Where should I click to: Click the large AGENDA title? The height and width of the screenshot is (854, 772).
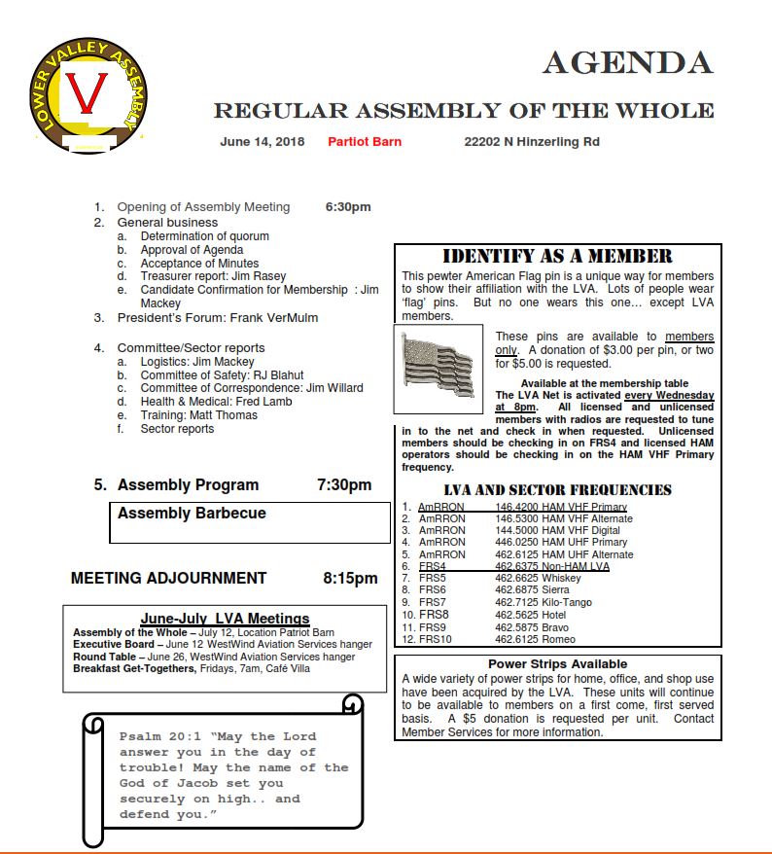(627, 62)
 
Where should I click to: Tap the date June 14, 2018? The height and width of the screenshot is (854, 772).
(262, 142)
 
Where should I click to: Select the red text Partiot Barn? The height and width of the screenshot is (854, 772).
(365, 142)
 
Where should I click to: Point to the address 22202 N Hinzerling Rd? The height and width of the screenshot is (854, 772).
(532, 142)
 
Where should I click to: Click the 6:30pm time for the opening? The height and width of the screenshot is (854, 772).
(347, 207)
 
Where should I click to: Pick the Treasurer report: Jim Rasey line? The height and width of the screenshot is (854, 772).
(213, 276)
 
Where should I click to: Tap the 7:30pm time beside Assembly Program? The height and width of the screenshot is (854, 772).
(344, 484)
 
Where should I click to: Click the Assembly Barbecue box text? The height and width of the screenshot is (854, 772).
(192, 514)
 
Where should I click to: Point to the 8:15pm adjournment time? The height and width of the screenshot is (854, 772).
(350, 578)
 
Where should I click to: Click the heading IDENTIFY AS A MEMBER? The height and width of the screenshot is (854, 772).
(557, 257)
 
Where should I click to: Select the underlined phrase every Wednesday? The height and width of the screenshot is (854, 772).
(669, 396)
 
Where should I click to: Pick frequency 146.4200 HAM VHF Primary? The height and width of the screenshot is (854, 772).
(560, 507)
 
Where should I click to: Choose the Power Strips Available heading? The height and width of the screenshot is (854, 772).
(557, 664)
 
